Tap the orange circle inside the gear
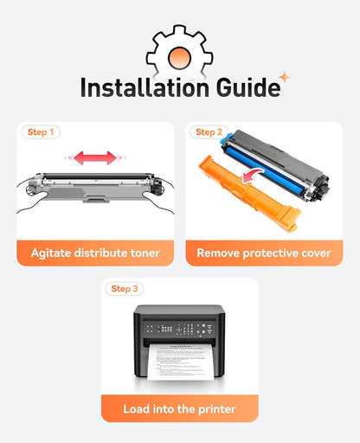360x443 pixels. click(x=179, y=58)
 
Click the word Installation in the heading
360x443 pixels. click(x=145, y=87)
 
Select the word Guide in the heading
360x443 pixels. click(x=248, y=87)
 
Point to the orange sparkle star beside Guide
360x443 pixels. click(x=285, y=77)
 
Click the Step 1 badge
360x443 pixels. click(x=41, y=132)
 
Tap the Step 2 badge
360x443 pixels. click(x=209, y=132)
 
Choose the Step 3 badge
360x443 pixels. click(x=125, y=289)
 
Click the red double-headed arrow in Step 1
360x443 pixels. click(x=95, y=157)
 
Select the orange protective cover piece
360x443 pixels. click(x=248, y=192)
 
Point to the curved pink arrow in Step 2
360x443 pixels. click(x=252, y=175)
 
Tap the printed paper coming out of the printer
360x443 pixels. click(x=181, y=362)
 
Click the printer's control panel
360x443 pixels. click(x=179, y=329)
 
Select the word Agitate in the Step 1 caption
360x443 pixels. click(x=51, y=254)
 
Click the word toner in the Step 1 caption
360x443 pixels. click(x=145, y=254)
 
